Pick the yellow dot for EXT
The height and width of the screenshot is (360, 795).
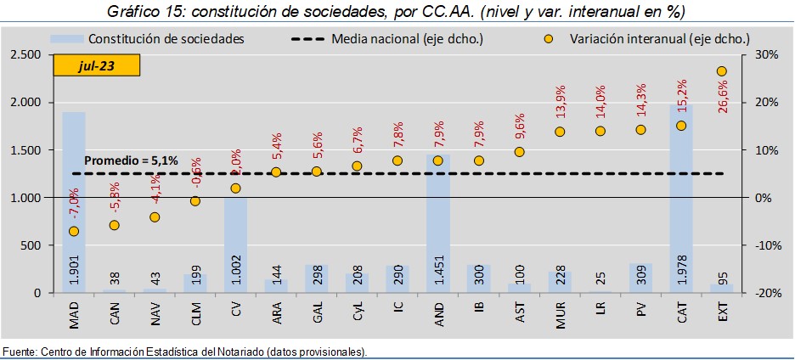(721, 71)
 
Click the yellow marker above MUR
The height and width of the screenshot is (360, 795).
(560, 132)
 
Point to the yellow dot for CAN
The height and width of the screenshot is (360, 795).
(114, 225)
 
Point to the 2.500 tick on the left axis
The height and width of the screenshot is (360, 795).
(25, 54)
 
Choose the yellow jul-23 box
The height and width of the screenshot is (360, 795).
(96, 65)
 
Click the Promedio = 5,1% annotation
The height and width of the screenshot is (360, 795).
(132, 160)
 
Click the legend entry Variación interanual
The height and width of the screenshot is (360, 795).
(654, 39)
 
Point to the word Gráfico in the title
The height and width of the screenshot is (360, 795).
(135, 11)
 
